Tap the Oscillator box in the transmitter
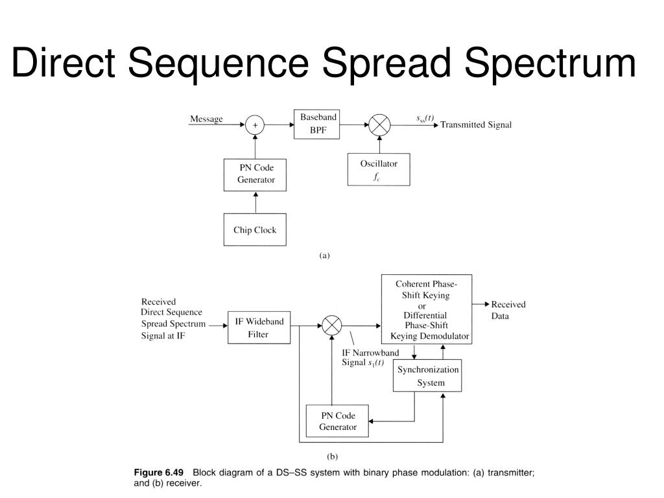click(x=379, y=169)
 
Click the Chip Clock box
click(x=255, y=230)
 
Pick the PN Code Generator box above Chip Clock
click(x=255, y=174)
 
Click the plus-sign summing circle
click(x=255, y=124)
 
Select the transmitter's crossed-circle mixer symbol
click(x=379, y=124)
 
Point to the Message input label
click(x=206, y=119)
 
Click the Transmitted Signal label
click(x=476, y=125)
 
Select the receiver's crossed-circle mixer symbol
click(x=331, y=325)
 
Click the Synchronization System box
click(x=428, y=375)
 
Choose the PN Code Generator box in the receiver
click(x=337, y=421)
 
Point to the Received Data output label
click(x=508, y=310)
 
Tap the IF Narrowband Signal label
click(x=370, y=357)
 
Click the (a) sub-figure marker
click(x=324, y=255)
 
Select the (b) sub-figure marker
click(x=331, y=456)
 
